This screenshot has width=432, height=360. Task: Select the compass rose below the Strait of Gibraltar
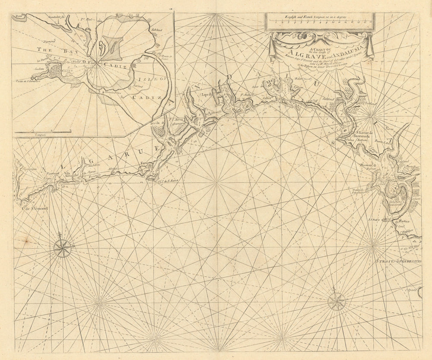(336, 301)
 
